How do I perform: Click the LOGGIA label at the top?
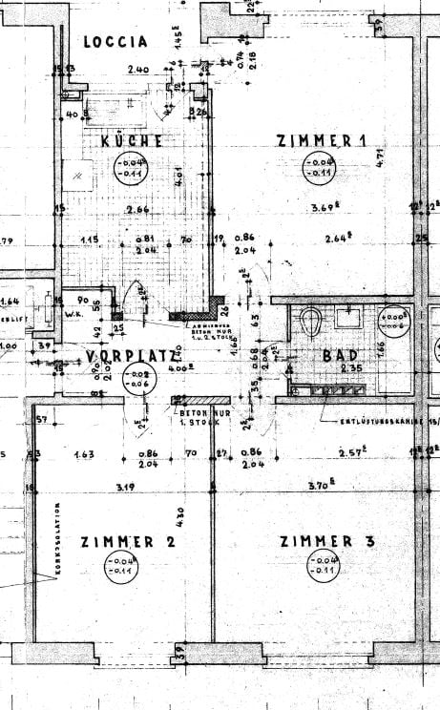click(x=115, y=41)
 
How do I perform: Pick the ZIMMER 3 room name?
click(x=328, y=541)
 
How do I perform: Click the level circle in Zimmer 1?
click(x=317, y=169)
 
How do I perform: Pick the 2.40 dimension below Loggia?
click(x=138, y=70)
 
